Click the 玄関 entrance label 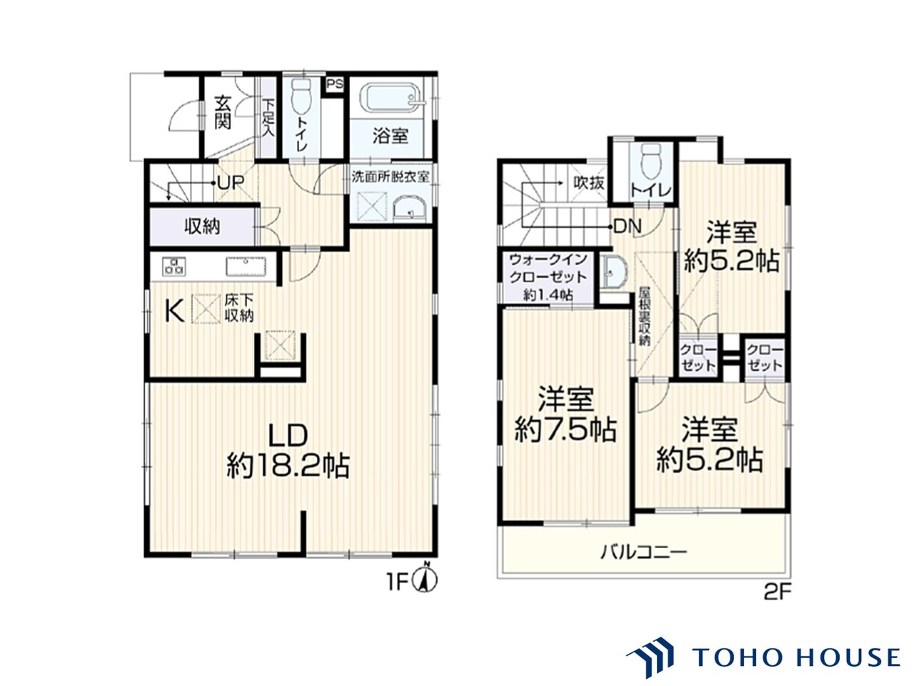tap(223, 112)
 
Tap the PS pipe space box tap(334, 85)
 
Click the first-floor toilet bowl tap(301, 96)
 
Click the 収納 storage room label tap(202, 227)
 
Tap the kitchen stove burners tap(174, 267)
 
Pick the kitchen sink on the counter tap(246, 267)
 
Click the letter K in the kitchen tap(174, 311)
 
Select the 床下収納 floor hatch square tap(206, 309)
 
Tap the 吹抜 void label tap(589, 182)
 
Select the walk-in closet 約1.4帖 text tap(548, 295)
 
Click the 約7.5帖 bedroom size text tap(566, 430)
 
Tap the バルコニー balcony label tap(643, 552)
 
